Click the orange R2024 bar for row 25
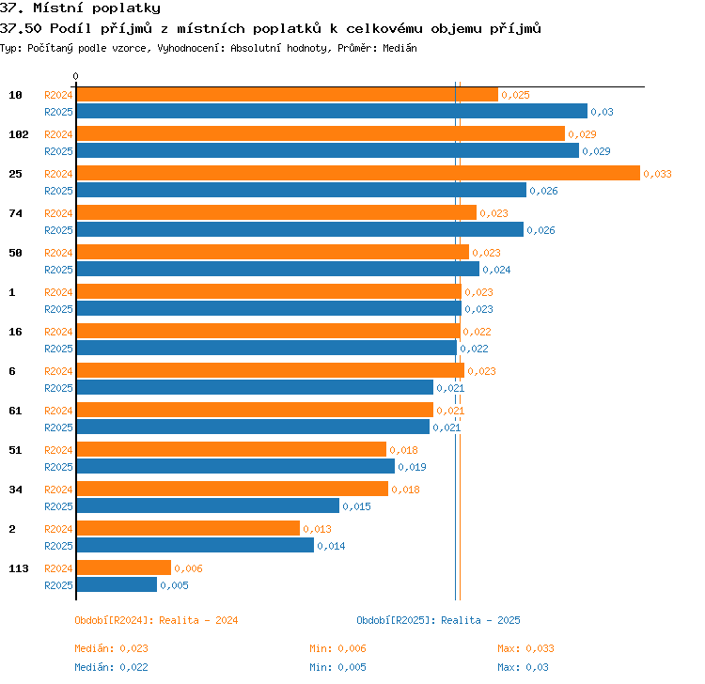(x=358, y=173)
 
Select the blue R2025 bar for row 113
(x=117, y=584)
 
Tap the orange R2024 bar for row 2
(x=188, y=528)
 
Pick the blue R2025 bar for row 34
(x=208, y=505)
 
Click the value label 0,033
(x=657, y=174)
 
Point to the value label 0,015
(x=356, y=506)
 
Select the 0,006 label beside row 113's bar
(x=188, y=568)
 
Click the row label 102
(x=19, y=134)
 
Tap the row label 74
(x=15, y=213)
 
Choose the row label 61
(x=15, y=411)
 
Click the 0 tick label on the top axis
(x=75, y=76)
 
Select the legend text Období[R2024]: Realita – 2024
(x=156, y=620)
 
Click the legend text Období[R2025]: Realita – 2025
(x=438, y=620)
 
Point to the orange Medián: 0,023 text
(x=111, y=648)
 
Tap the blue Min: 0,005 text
(x=337, y=667)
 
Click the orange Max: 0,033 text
(x=525, y=648)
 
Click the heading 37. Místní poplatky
(x=80, y=8)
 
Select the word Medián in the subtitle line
(x=399, y=48)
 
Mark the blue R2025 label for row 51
(x=58, y=467)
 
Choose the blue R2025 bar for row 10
(x=332, y=111)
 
